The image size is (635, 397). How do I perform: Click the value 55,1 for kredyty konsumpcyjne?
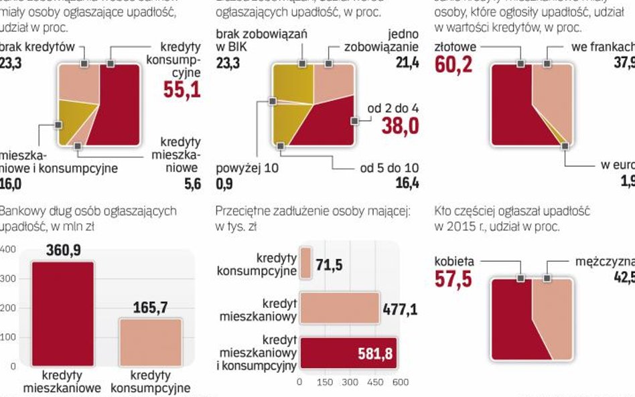182,89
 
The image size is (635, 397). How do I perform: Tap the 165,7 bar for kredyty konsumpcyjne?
150,341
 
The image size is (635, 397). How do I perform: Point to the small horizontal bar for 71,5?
305,263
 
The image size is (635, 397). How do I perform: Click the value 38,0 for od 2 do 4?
400,125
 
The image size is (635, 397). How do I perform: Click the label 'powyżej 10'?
247,168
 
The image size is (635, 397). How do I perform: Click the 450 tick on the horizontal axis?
375,382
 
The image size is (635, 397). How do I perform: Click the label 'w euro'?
616,166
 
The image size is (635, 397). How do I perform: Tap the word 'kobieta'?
455,261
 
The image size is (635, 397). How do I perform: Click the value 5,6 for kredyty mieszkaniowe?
192,184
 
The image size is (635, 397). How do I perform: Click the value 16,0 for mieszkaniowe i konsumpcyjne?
11,184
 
